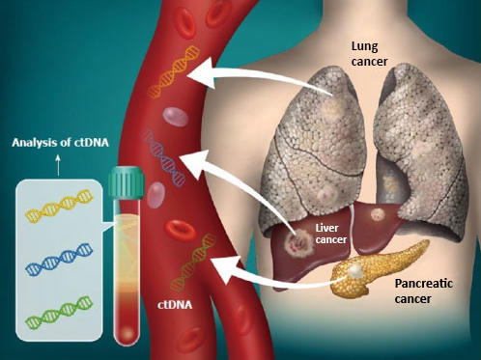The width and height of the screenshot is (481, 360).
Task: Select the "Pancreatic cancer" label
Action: click(426, 293)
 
